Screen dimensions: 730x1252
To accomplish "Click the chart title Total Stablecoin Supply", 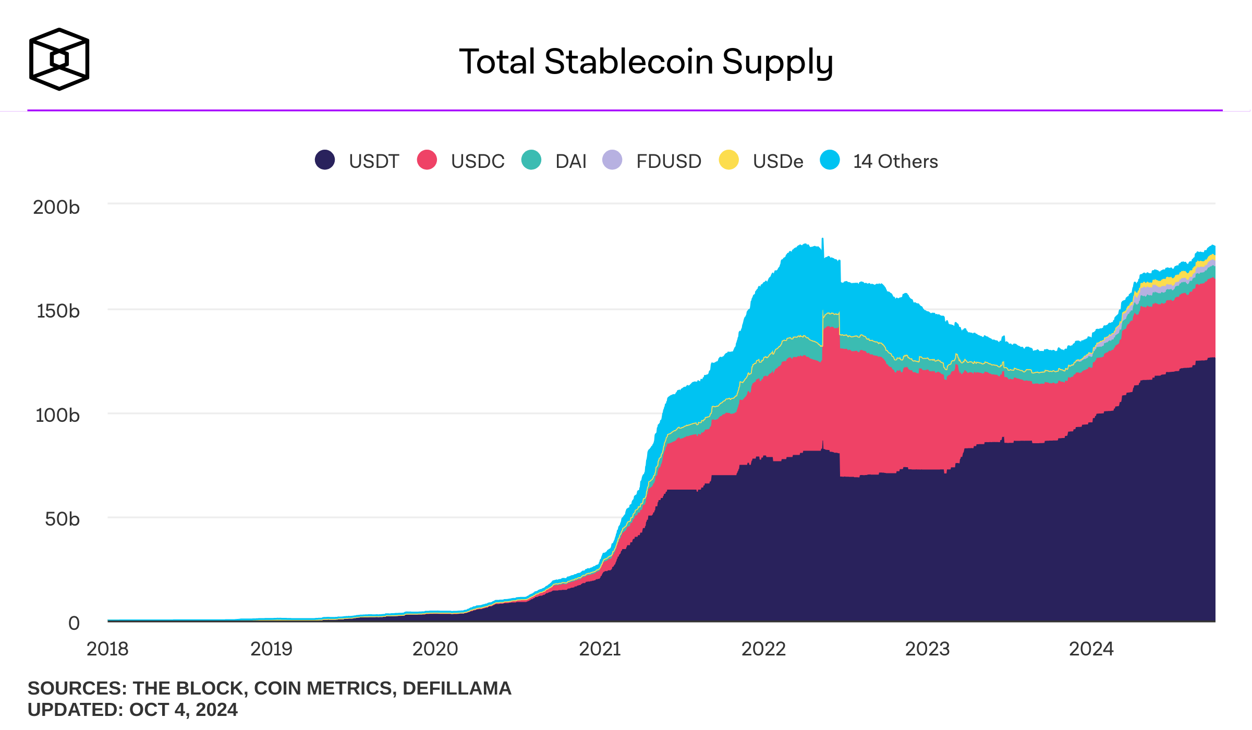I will (646, 62).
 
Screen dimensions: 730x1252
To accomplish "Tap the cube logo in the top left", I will (59, 59).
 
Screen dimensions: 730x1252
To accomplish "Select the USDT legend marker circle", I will (324, 160).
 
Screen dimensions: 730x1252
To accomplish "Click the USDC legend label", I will (478, 161).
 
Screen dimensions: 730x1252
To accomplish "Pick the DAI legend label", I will (571, 161).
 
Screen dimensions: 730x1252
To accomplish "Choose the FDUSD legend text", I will (668, 161).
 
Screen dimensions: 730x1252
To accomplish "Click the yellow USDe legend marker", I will (728, 160).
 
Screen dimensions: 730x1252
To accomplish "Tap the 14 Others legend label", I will (895, 161).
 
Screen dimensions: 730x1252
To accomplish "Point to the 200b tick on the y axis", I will (56, 207).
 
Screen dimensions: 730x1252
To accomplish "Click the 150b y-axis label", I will (57, 311).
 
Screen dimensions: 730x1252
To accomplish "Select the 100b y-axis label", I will (57, 415).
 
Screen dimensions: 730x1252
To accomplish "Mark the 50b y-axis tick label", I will (62, 519).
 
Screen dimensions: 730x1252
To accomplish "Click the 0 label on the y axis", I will (74, 623).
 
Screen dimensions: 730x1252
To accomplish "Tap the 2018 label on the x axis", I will (107, 649).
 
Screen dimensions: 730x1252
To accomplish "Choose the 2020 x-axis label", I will (435, 649).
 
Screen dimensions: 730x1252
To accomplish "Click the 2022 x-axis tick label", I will (763, 649).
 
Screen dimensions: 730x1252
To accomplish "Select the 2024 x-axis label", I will (1091, 649).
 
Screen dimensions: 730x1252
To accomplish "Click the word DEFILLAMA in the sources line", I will (457, 688).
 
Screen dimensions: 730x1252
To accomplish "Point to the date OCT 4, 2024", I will (183, 710).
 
